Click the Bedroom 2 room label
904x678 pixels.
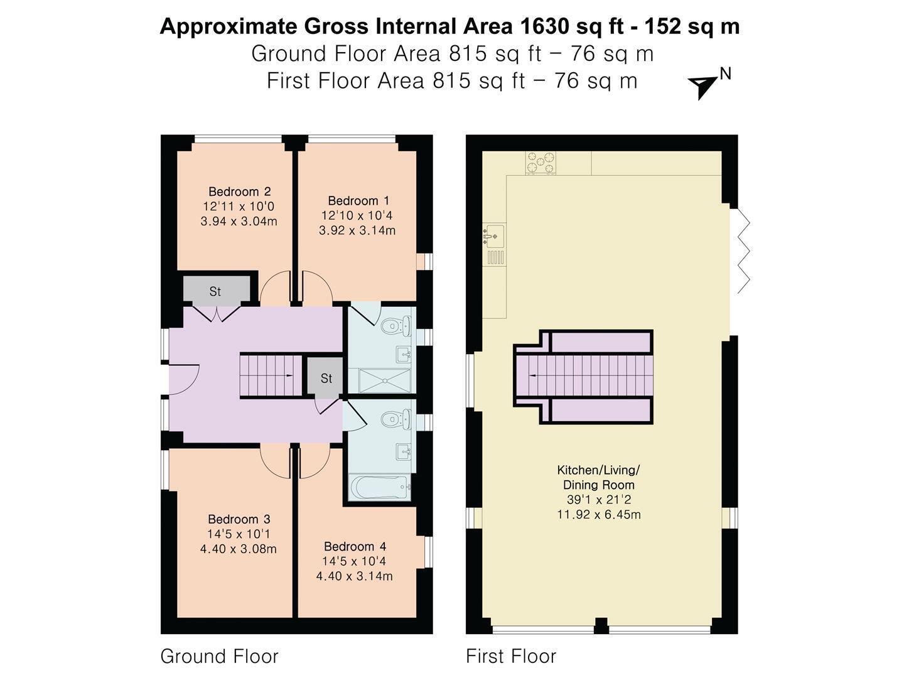(x=239, y=191)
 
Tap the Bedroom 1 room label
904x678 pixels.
(x=358, y=200)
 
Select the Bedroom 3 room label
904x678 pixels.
(x=239, y=519)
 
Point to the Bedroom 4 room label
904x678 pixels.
(x=355, y=546)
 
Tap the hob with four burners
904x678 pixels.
(x=541, y=163)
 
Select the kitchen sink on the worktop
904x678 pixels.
(x=494, y=237)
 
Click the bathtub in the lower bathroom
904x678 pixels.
(x=379, y=487)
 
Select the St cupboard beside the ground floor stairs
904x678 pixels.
(x=325, y=379)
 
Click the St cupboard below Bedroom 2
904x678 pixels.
(x=217, y=291)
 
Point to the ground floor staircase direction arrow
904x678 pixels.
(x=289, y=375)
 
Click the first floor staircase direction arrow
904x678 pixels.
(x=534, y=376)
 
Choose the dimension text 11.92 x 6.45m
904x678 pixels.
(x=599, y=514)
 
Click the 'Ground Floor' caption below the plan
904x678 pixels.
(x=219, y=656)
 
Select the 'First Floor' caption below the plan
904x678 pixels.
(x=510, y=656)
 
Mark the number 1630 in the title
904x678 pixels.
(x=544, y=26)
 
